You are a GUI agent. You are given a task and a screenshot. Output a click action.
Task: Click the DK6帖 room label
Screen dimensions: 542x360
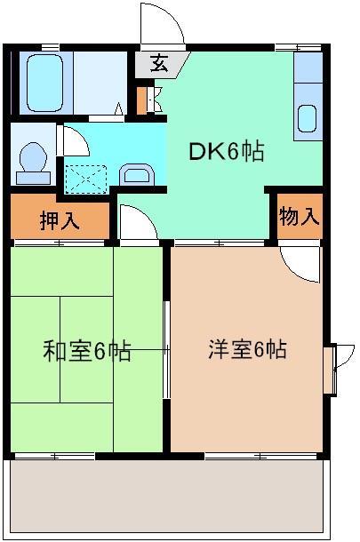pos(226,152)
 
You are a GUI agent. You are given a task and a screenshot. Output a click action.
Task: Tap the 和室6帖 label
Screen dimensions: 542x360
pos(87,352)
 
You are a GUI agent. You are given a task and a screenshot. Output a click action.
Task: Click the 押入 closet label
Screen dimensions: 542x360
pos(60,220)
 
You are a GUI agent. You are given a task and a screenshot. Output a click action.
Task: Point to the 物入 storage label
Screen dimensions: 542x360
pos(299,216)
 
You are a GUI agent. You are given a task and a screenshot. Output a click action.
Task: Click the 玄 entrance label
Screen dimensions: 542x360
pos(159,63)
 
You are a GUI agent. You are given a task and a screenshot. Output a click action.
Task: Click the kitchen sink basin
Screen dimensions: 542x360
pos(307,118)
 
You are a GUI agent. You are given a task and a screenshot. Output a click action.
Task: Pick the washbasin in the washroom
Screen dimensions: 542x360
pos(135,173)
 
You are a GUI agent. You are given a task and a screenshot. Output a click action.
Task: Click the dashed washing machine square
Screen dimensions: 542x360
pos(86,179)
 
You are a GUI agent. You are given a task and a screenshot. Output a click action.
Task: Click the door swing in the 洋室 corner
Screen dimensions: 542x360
pos(300,261)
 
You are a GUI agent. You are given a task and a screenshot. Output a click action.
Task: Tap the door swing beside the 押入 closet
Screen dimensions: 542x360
pos(134,222)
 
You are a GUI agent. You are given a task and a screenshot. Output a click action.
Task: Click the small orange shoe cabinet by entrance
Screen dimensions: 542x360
pos(141,100)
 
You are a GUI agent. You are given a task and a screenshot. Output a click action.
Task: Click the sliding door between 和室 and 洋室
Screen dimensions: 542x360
pos(166,350)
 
